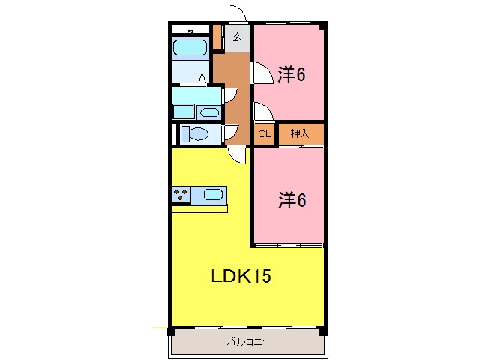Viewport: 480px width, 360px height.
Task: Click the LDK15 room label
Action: (239, 276)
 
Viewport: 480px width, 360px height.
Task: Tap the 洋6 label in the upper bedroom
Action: (292, 75)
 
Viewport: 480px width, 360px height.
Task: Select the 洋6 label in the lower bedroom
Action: (292, 200)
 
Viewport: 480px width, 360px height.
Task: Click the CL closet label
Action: (264, 134)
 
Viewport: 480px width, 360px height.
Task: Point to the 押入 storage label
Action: (299, 134)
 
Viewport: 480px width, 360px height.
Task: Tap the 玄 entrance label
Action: (237, 37)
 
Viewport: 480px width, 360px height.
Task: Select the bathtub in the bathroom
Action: (190, 49)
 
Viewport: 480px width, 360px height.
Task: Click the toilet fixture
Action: (196, 134)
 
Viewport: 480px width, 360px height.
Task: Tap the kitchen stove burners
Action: (181, 195)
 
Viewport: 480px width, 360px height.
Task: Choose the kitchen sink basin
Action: (213, 195)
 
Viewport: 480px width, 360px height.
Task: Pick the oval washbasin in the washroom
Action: (209, 112)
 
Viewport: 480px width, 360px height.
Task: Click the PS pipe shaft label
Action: (190, 31)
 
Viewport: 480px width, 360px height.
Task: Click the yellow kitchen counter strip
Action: (199, 208)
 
